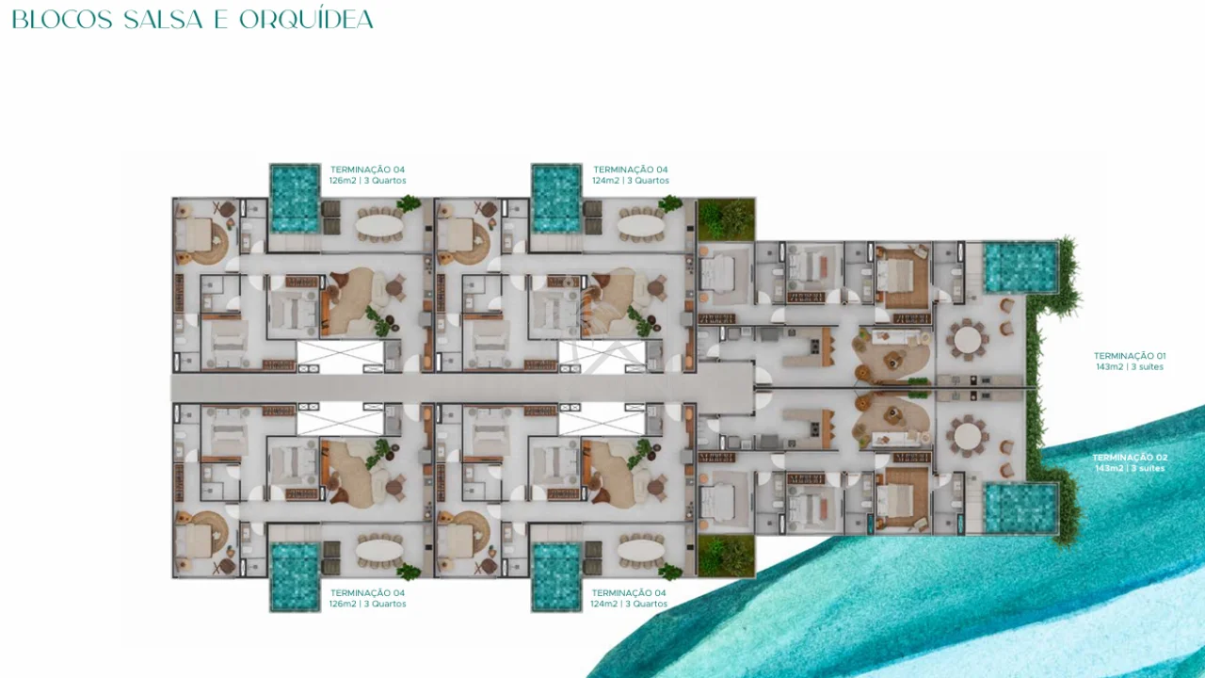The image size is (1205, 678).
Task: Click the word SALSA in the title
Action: (163, 20)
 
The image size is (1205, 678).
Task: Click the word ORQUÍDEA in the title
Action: (306, 20)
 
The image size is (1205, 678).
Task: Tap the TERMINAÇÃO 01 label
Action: (1130, 356)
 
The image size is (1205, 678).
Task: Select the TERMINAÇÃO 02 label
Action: (1130, 458)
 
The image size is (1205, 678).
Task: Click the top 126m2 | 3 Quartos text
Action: (367, 181)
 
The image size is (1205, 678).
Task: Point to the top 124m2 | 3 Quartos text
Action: (631, 181)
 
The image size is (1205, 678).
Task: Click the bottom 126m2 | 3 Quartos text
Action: (367, 604)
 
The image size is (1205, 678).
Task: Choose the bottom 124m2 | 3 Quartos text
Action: (629, 604)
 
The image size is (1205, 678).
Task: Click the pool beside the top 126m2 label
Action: (295, 199)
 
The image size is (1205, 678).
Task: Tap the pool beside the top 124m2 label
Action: (556, 199)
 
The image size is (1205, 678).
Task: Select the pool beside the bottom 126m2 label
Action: (295, 577)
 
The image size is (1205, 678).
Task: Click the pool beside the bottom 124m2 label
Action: (556, 577)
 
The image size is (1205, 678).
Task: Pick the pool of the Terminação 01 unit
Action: (1020, 267)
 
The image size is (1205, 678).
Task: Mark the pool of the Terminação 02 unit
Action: (1020, 508)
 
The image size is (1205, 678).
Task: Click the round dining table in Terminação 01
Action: (968, 340)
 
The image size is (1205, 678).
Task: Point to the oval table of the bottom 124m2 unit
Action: (641, 551)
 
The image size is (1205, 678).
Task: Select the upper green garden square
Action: (726, 219)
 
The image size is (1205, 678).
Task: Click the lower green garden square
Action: (726, 557)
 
